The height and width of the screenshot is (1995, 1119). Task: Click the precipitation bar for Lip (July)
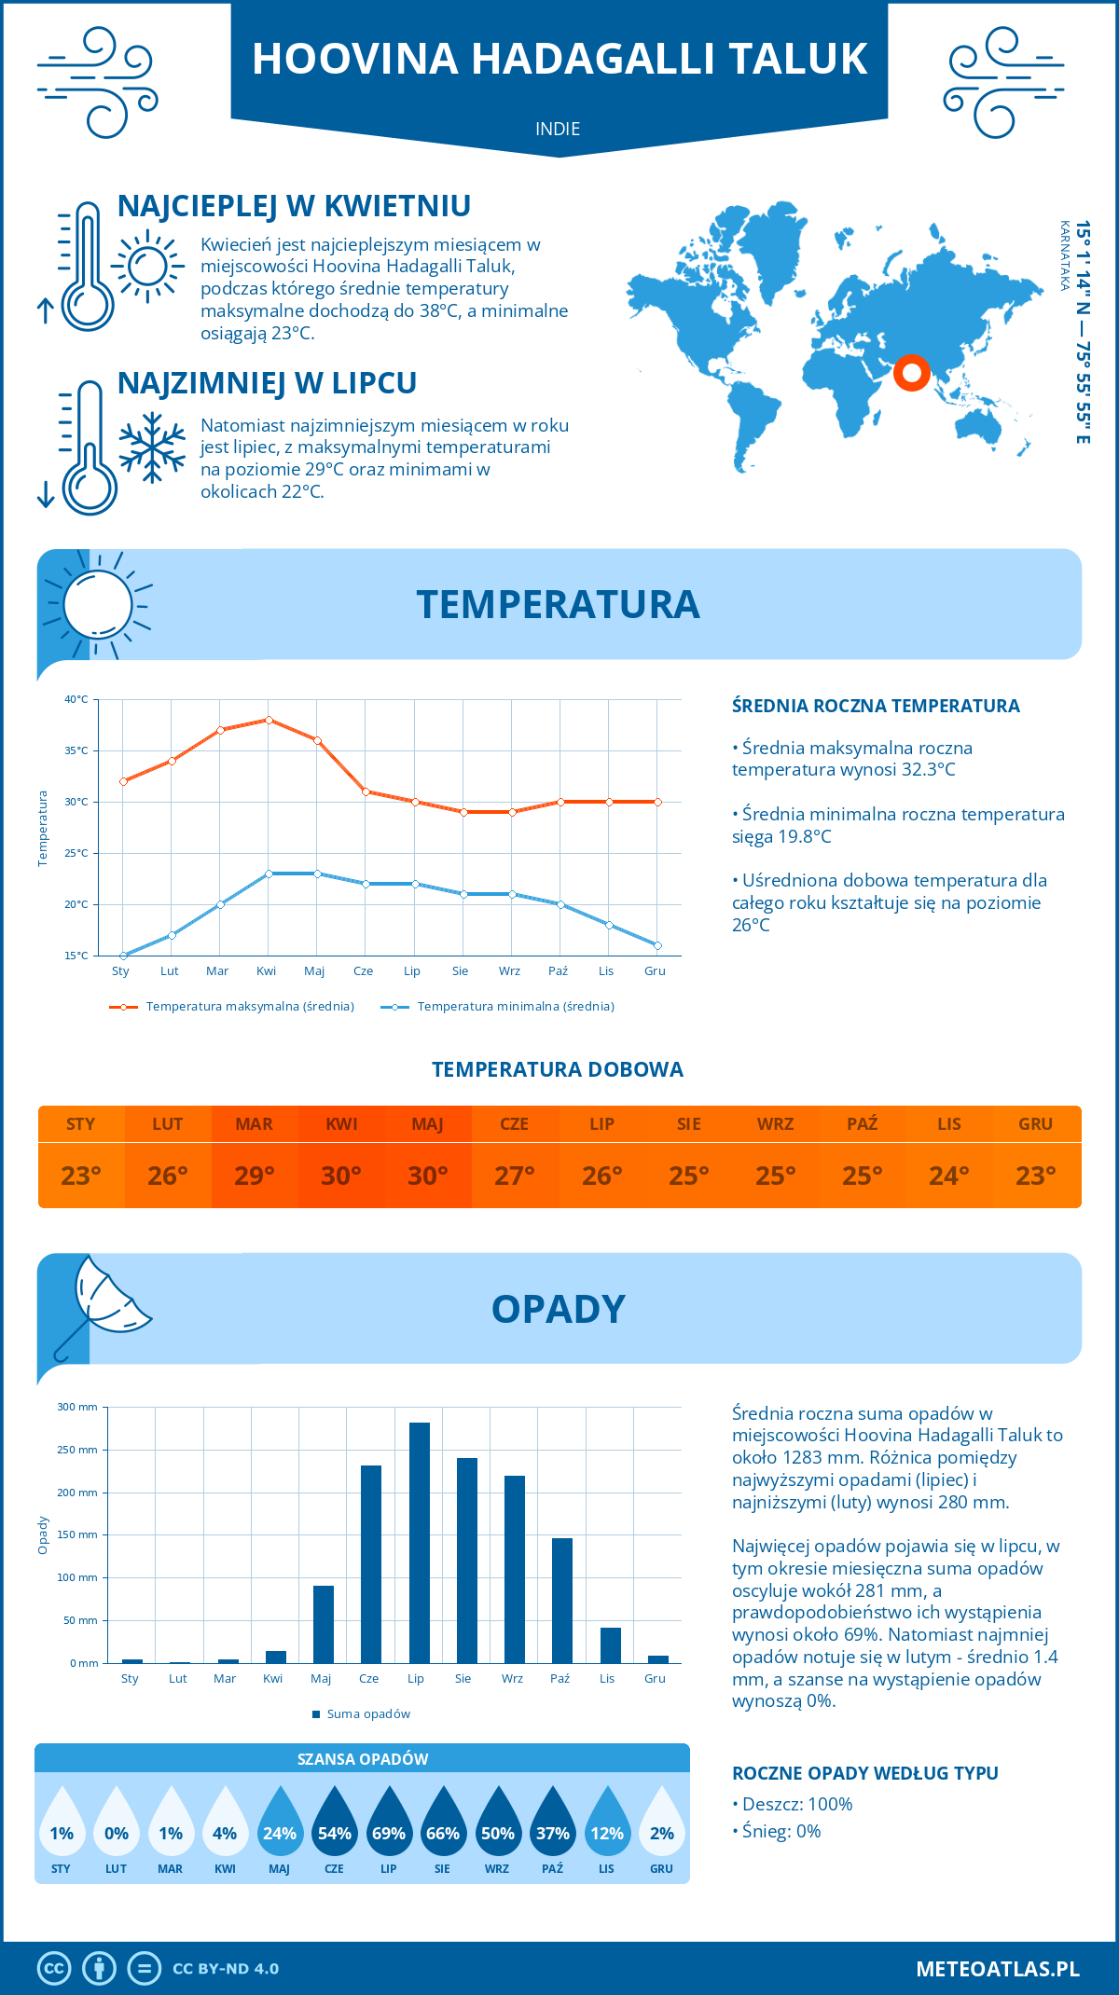point(420,1543)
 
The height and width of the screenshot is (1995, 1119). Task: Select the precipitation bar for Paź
point(562,1601)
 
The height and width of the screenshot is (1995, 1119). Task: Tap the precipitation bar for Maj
point(324,1624)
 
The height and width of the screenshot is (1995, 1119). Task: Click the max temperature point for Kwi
point(269,720)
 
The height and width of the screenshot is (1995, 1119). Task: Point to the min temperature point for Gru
point(657,945)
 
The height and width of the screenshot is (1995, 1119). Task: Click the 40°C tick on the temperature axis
point(76,699)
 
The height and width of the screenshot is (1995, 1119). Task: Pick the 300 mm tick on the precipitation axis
point(78,1407)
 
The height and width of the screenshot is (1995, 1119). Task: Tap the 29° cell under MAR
point(255,1176)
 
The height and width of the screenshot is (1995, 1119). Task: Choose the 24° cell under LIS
point(948,1176)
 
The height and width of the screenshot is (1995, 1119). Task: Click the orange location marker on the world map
point(911,373)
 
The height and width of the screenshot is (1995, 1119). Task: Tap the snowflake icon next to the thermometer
point(152,447)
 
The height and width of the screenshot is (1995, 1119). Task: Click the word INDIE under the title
point(558,129)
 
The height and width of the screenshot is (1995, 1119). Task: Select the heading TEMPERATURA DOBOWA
point(558,1069)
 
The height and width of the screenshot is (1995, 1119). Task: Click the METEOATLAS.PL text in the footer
point(998,1969)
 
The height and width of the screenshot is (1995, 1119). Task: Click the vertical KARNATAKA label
point(1064,255)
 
